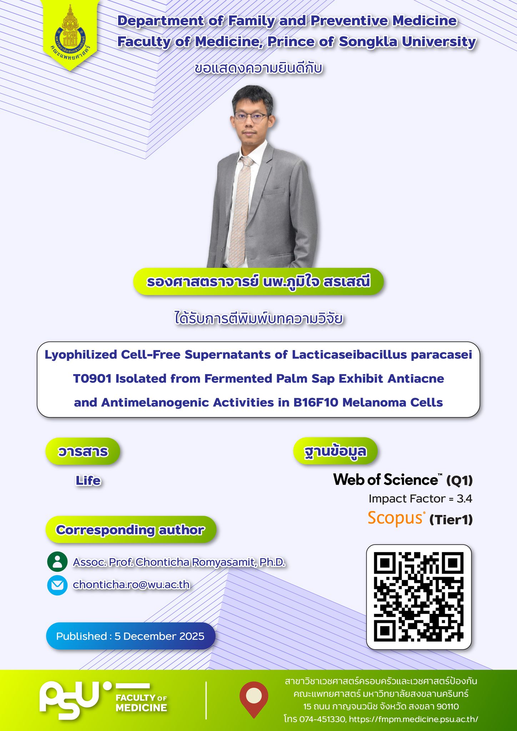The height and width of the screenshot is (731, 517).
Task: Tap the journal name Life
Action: (x=88, y=481)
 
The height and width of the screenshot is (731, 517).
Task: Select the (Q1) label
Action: (x=460, y=481)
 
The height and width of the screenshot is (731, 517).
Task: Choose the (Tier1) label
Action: (x=451, y=520)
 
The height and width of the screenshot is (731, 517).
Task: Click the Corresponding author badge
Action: (x=131, y=530)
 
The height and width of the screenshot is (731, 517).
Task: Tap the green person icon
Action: (x=57, y=562)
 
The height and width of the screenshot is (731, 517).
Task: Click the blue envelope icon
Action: (x=57, y=585)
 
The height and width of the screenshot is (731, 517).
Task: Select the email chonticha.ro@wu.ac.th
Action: (x=131, y=585)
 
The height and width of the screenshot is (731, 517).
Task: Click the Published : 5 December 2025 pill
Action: (x=131, y=636)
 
